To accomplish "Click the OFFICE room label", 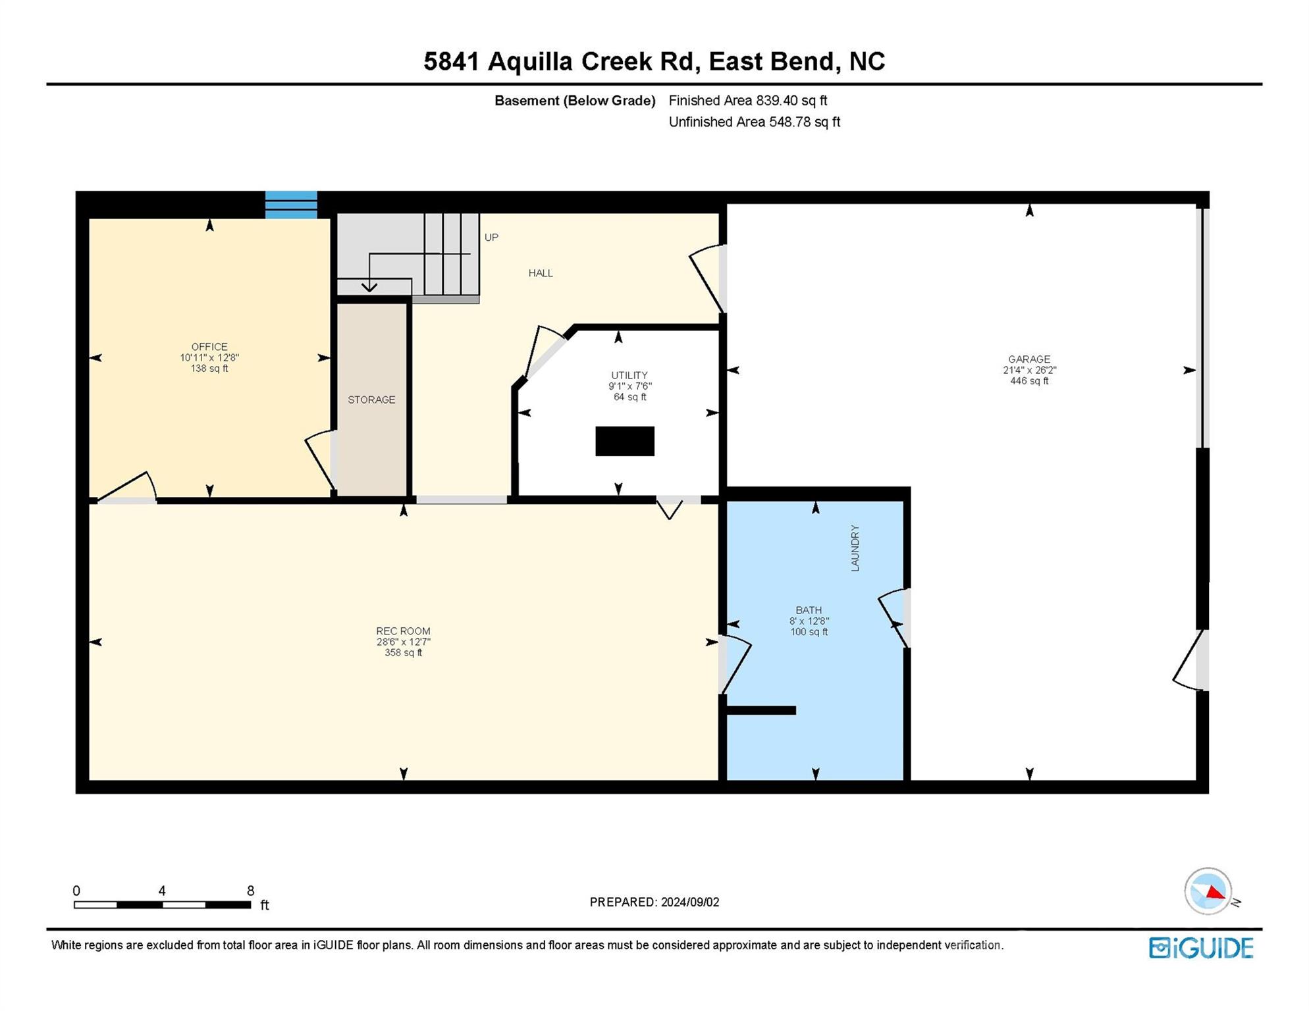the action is tap(209, 347).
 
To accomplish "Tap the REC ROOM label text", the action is tap(403, 631).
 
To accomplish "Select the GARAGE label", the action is tap(1029, 359).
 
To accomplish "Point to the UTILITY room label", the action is tap(629, 375).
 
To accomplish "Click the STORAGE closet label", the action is tap(371, 400).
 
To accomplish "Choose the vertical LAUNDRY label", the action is tap(855, 548).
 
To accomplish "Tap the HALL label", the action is tap(541, 273).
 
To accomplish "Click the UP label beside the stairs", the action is tap(491, 238).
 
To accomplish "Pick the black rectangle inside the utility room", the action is tap(625, 441).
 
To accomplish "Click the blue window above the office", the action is tap(291, 205).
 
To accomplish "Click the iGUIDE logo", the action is tap(1201, 948).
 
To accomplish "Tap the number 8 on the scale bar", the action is tap(250, 891).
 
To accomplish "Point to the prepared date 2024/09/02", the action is tap(690, 902).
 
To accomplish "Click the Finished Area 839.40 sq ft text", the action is tap(748, 101).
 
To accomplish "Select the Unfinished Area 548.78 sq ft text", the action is tap(755, 122).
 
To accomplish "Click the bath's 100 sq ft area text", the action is tap(809, 632).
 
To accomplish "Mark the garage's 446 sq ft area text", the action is tap(1029, 381).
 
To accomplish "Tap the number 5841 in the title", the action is tap(452, 61).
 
